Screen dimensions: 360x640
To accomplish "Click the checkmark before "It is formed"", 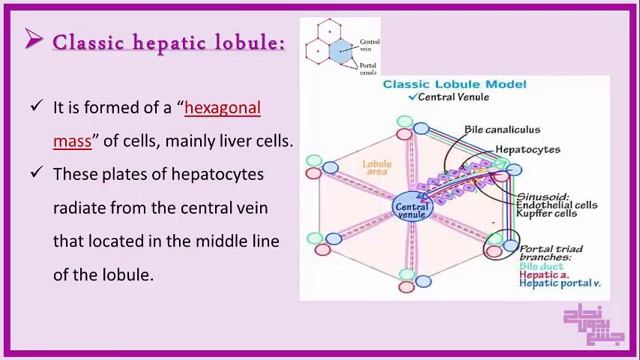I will coord(37,105).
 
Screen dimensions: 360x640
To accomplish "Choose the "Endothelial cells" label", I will coord(556,204).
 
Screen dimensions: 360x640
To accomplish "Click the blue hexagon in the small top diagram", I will coord(341,53).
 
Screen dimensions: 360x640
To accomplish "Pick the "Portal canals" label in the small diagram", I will coord(368,70).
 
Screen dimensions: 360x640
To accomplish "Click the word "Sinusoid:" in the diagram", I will coord(542,195).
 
